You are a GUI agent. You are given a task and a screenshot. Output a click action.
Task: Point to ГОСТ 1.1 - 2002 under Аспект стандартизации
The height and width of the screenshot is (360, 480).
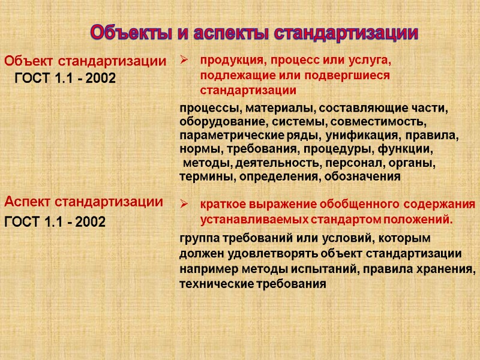(x=55, y=223)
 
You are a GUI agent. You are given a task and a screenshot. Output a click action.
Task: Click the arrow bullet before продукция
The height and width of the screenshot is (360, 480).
(x=185, y=61)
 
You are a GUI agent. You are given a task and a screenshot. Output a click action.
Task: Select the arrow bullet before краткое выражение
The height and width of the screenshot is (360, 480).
(x=185, y=203)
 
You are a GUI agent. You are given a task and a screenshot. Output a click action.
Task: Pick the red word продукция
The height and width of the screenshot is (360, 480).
(x=229, y=61)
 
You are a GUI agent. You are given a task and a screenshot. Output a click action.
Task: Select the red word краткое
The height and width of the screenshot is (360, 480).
(x=222, y=204)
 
